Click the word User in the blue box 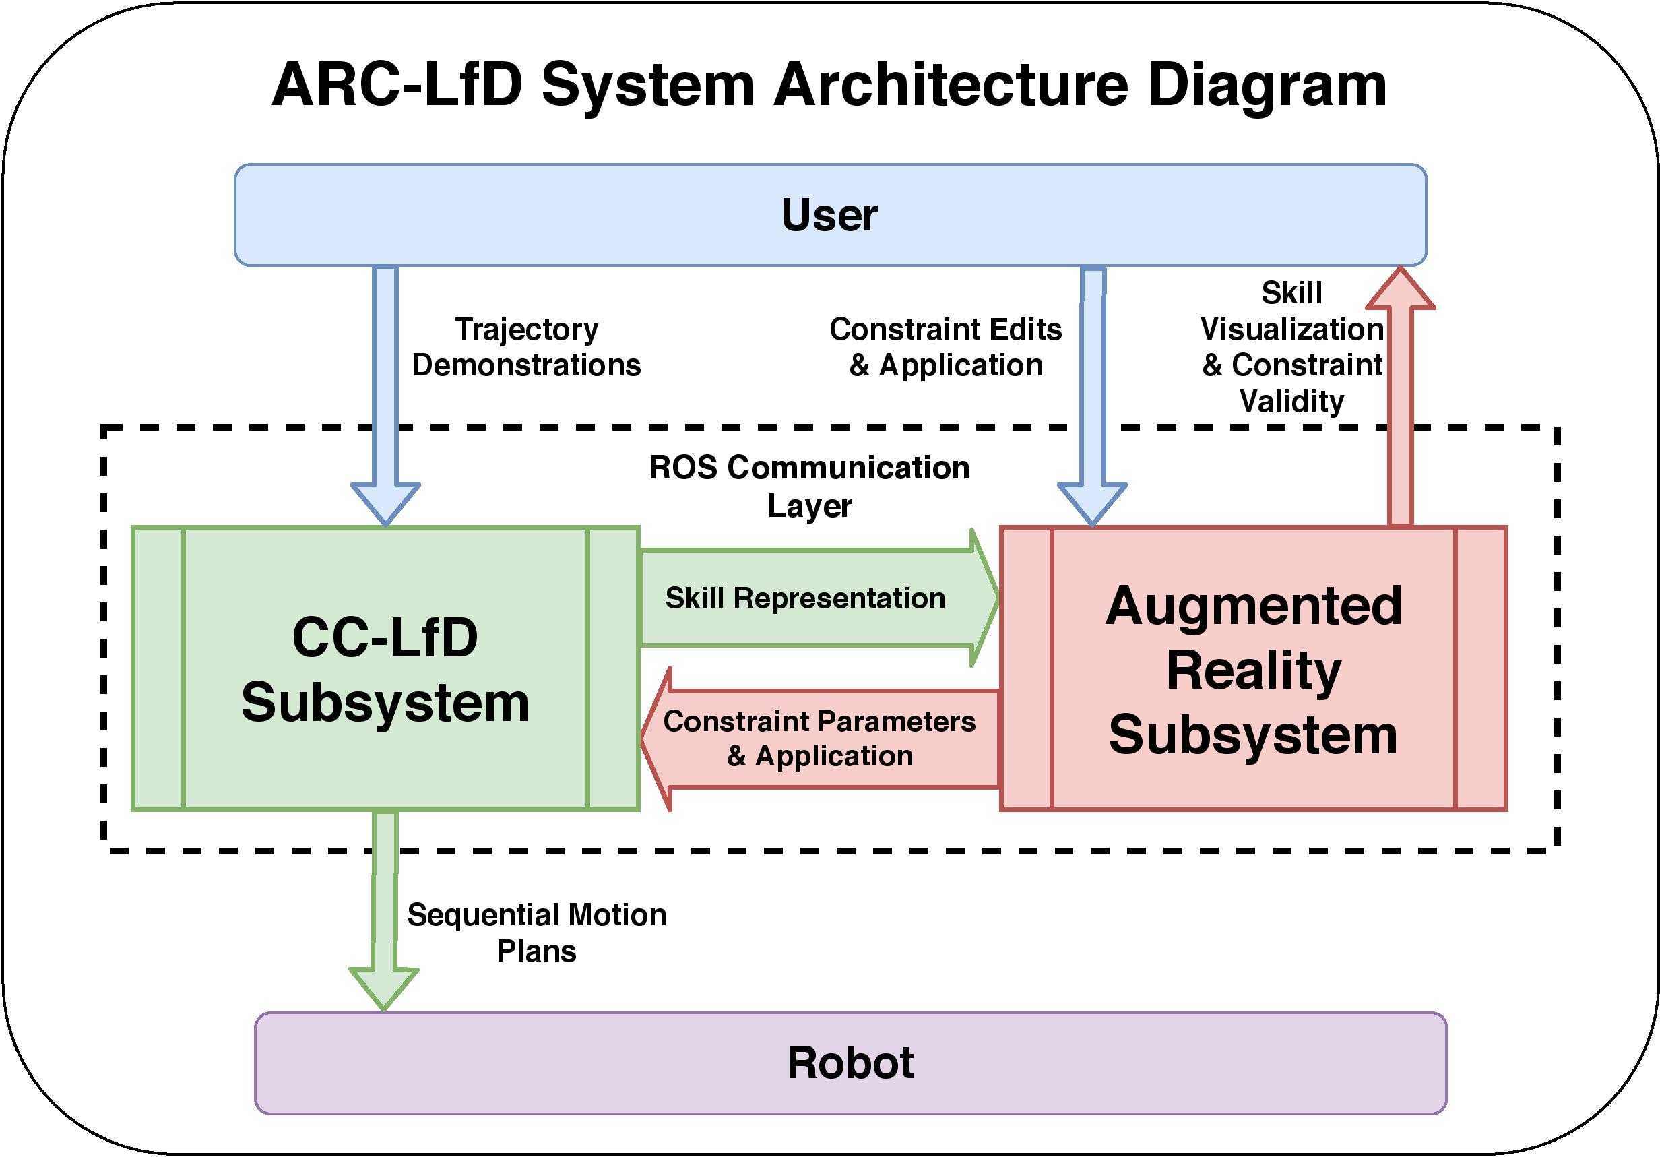[829, 215]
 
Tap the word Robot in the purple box [851, 1063]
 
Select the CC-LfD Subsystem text [385, 670]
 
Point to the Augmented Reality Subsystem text [1253, 670]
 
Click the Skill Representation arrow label [805, 598]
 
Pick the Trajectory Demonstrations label [526, 347]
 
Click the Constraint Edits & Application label [945, 347]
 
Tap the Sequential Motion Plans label [536, 933]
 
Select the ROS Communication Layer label [809, 487]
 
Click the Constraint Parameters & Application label [819, 739]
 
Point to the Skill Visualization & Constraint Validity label [1292, 347]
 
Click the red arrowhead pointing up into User [1401, 289]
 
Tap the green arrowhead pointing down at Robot [383, 989]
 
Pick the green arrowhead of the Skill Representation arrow [984, 598]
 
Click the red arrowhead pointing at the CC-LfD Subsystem [656, 739]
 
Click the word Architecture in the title [951, 86]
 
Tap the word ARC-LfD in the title [397, 86]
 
